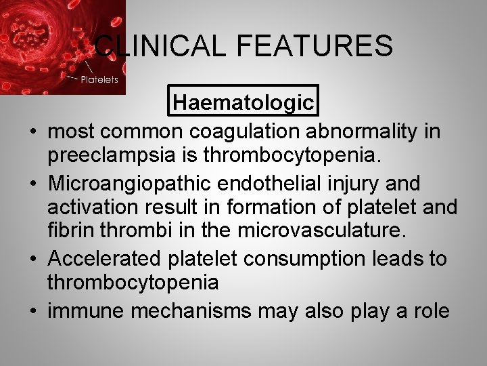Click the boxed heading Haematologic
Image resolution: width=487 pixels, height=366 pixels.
[x=243, y=102]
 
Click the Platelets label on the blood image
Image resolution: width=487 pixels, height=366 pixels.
[x=99, y=79]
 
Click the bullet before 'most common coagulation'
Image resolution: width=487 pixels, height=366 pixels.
[x=32, y=131]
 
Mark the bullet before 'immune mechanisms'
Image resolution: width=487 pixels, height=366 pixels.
[x=32, y=312]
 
